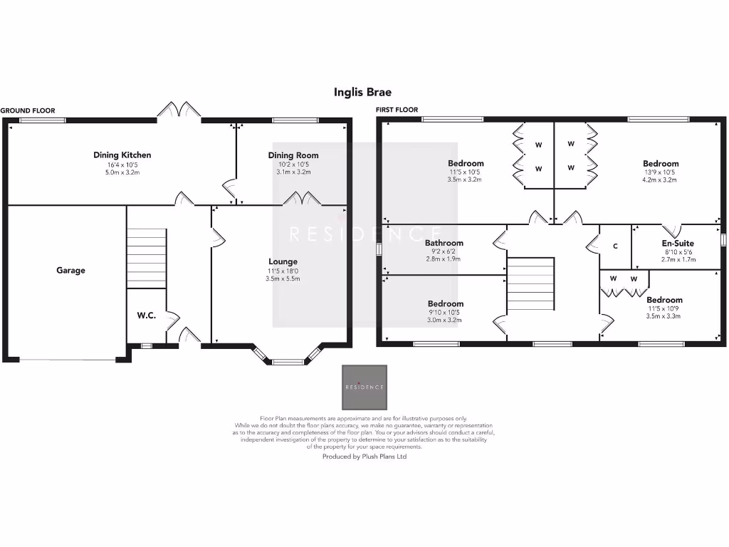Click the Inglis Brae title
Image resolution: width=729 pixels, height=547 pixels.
[x=362, y=92]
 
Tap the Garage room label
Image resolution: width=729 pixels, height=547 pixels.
[x=71, y=270]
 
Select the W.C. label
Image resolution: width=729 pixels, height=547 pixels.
[x=147, y=315]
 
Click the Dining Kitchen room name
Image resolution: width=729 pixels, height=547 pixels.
[x=122, y=155]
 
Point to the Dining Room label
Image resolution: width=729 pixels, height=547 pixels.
[x=293, y=155]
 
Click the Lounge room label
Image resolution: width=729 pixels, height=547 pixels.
[x=283, y=261]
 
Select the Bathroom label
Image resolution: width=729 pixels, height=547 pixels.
[x=444, y=243]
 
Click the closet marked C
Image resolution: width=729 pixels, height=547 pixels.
[x=615, y=246]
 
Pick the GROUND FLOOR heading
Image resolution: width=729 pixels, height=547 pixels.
[x=28, y=110]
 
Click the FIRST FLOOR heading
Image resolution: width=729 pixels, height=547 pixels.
[x=397, y=110]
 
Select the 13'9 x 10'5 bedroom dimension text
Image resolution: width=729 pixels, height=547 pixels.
[x=660, y=172]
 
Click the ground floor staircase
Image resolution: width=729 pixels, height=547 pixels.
[x=147, y=247]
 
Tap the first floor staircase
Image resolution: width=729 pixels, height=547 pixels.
[x=530, y=283]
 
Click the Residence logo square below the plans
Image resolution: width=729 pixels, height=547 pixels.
[x=364, y=387]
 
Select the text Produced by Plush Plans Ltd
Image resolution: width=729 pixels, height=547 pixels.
[x=364, y=457]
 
